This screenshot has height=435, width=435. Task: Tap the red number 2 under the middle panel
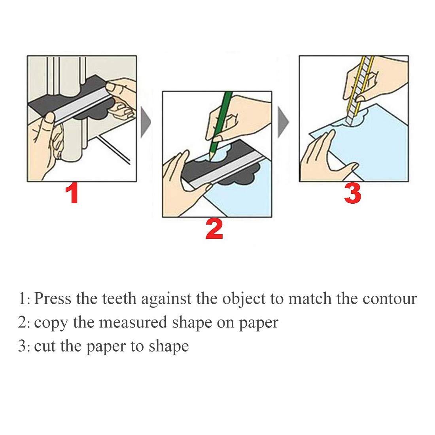(x=214, y=230)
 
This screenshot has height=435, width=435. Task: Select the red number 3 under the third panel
(x=352, y=194)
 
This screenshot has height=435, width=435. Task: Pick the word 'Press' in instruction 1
(x=53, y=299)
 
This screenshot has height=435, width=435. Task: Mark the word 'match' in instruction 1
(x=310, y=299)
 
